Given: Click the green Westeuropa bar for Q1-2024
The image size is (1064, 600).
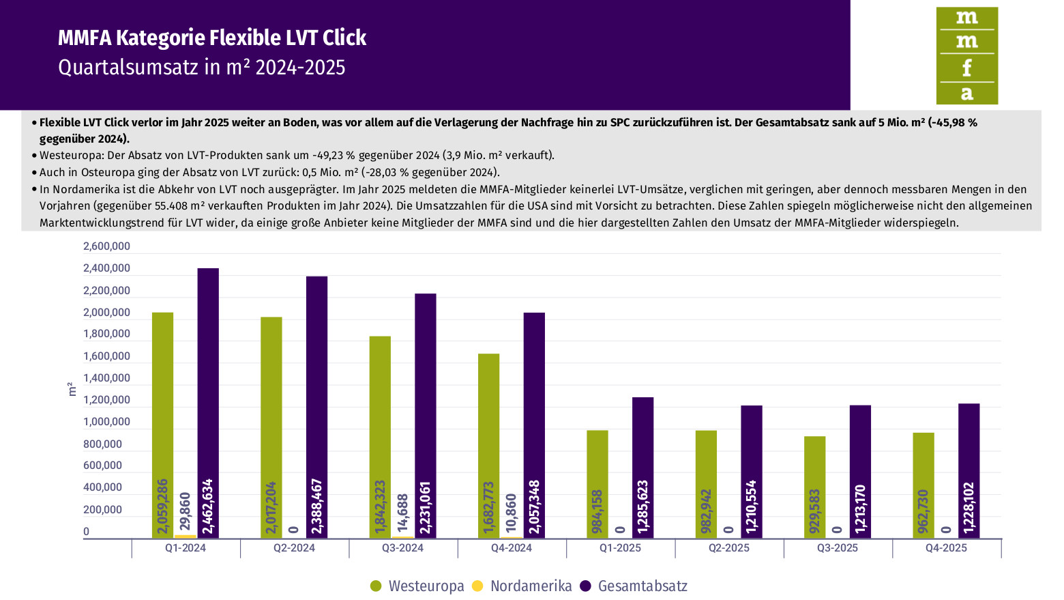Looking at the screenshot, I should click(162, 410).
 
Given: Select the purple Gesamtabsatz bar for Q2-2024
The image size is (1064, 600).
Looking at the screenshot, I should click(316, 396).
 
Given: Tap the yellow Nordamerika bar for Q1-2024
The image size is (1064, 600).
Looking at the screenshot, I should click(185, 537).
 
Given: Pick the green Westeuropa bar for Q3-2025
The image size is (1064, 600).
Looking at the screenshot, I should click(814, 478).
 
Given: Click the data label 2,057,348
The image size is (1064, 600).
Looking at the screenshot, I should click(534, 507).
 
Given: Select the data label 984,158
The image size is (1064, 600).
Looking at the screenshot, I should click(597, 511).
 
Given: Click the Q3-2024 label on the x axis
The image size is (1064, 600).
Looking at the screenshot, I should click(402, 548).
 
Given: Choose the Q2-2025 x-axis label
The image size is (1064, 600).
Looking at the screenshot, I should click(728, 548).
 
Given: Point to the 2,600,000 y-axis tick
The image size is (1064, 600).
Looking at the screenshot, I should click(106, 246).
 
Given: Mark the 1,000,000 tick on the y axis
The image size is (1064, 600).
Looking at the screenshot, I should click(106, 422).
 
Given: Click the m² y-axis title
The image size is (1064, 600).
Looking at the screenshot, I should click(72, 390).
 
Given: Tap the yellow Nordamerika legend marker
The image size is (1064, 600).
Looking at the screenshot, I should click(477, 586).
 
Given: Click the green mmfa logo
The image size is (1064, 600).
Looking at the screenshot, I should click(966, 56).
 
